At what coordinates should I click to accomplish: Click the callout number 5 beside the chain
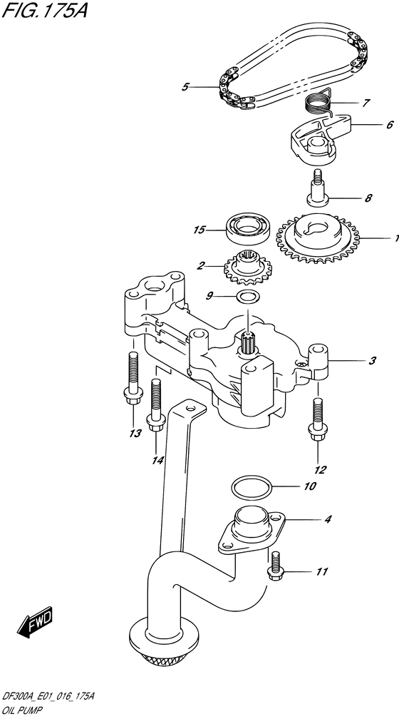[185, 87]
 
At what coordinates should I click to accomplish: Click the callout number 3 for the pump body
[371, 362]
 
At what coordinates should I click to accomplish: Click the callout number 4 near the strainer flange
[327, 519]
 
